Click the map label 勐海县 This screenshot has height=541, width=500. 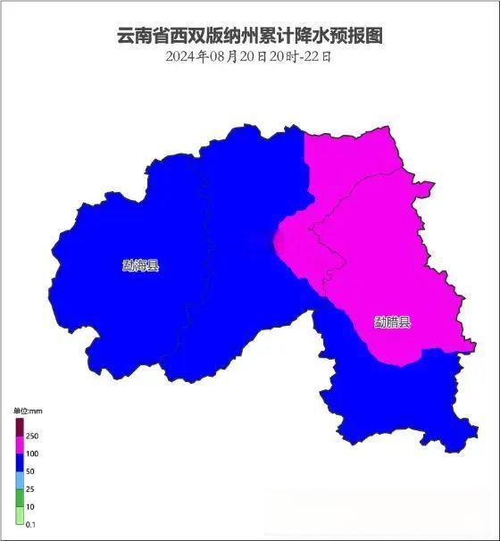pyautogui.click(x=140, y=265)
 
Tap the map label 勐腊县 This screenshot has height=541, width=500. pyautogui.click(x=393, y=321)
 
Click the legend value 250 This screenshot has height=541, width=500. pyautogui.click(x=31, y=436)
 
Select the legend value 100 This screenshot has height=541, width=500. pyautogui.click(x=31, y=454)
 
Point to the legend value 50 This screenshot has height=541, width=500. pyautogui.click(x=29, y=470)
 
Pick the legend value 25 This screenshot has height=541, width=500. pyautogui.click(x=29, y=488)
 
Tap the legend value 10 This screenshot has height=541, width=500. pyautogui.click(x=29, y=506)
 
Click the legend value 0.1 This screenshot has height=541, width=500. pyautogui.click(x=30, y=523)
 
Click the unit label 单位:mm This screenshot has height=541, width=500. pyautogui.click(x=28, y=411)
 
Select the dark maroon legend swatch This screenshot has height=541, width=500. pyautogui.click(x=19, y=427)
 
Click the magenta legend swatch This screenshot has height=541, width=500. pyautogui.click(x=19, y=445)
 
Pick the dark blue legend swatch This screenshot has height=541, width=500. pyautogui.click(x=19, y=462)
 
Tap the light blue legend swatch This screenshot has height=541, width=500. pyautogui.click(x=19, y=479)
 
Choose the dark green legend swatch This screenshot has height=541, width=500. pyautogui.click(x=19, y=497)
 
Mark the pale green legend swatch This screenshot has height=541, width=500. pyautogui.click(x=19, y=514)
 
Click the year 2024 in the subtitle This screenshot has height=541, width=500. pyautogui.click(x=181, y=56)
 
